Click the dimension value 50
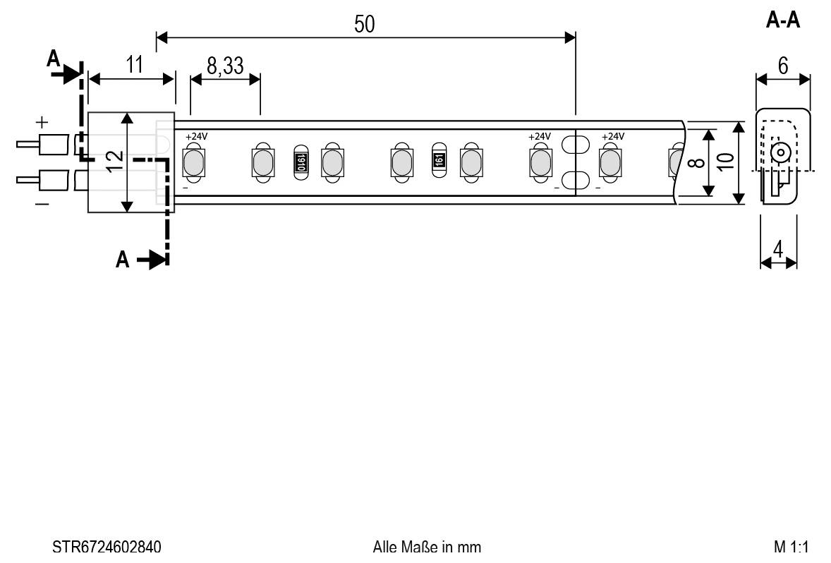[x=365, y=24]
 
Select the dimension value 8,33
[x=225, y=66]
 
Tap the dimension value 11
[x=134, y=64]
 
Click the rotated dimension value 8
[x=695, y=163]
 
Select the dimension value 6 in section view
[x=783, y=65]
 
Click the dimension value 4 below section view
[x=778, y=249]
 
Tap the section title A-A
[x=783, y=21]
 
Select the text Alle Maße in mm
[x=427, y=547]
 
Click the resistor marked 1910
[x=300, y=163]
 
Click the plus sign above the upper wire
[x=42, y=121]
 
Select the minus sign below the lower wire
[x=42, y=203]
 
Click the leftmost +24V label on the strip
[x=196, y=136]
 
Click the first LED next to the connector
[x=192, y=163]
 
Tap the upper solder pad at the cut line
[x=576, y=145]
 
